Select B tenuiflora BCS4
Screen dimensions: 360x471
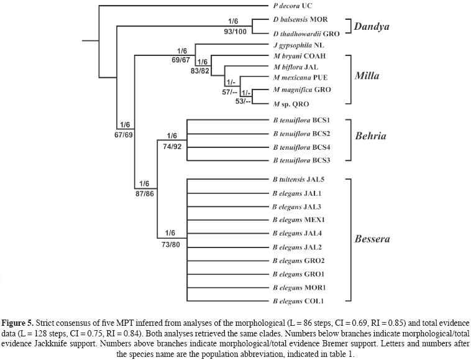[x=301, y=148]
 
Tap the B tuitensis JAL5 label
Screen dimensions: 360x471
[x=298, y=179]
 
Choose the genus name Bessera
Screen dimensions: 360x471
[x=373, y=239]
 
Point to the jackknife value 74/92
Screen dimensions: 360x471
[x=172, y=145]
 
